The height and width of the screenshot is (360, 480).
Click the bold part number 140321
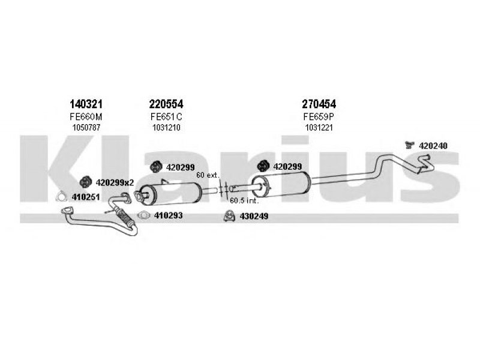(86, 104)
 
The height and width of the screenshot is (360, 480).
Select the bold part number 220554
(166, 104)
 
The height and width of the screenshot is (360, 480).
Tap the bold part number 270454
(319, 104)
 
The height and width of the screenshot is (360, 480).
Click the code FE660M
(86, 116)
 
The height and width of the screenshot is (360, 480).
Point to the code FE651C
(166, 116)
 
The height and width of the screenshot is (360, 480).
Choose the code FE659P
(319, 116)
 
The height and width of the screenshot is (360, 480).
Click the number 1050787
(86, 128)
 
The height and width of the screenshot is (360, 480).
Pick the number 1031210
(166, 128)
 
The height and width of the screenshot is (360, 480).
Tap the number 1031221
(319, 128)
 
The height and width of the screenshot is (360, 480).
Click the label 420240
(433, 146)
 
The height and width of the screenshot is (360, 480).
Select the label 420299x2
(115, 183)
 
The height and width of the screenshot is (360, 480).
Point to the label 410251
(86, 197)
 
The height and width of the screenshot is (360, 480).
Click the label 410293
(168, 215)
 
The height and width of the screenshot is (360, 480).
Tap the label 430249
(254, 217)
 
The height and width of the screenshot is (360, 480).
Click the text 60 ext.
(208, 175)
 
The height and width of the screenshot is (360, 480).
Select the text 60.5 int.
(244, 201)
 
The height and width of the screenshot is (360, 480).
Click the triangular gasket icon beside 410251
(62, 197)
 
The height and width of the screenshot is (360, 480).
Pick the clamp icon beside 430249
(229, 216)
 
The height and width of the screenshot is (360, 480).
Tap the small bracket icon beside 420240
(409, 145)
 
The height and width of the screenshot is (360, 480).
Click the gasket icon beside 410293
(143, 215)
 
